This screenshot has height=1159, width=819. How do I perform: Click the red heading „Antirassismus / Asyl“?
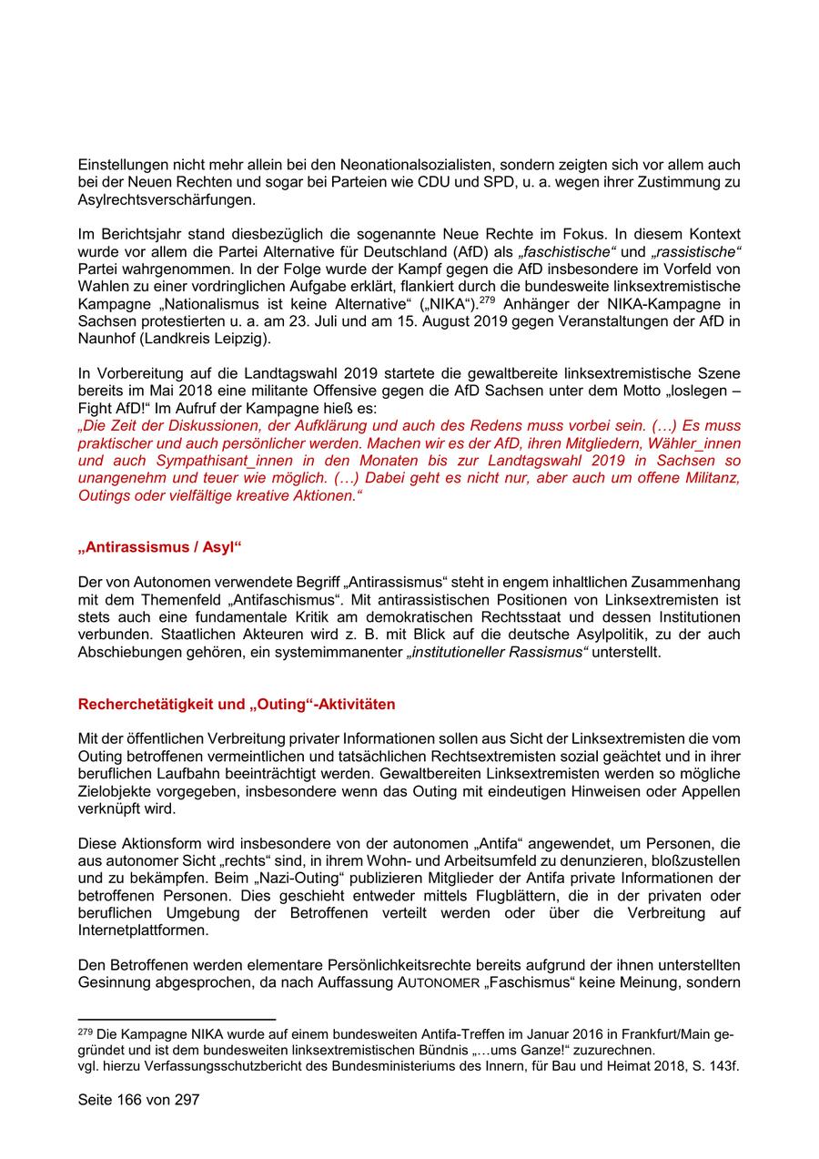click(159, 549)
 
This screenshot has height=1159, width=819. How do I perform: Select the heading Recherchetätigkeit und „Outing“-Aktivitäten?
click(237, 704)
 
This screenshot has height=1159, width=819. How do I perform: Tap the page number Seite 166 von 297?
click(138, 1099)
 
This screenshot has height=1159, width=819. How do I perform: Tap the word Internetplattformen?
click(143, 931)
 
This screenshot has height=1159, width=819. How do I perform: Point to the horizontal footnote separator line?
click(177, 1019)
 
